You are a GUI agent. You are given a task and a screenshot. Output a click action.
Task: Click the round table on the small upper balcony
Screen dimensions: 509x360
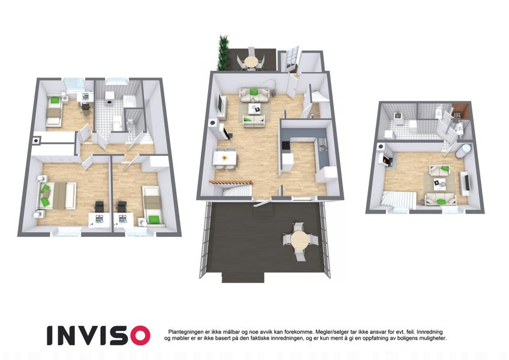(x=250, y=61)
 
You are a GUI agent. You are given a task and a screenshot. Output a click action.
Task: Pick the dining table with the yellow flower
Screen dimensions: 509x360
(x=224, y=158)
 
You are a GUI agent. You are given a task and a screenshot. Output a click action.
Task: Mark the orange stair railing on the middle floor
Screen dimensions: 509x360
(x=230, y=182)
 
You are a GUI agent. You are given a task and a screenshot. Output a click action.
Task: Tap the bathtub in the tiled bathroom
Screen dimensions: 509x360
(x=130, y=101)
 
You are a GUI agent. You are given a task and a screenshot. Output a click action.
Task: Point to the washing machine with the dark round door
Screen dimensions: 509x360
(x=109, y=99)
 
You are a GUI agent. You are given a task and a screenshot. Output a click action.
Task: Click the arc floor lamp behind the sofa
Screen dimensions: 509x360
(x=267, y=85)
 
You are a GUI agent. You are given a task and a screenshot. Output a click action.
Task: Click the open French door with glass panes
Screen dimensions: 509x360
(x=291, y=59)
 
